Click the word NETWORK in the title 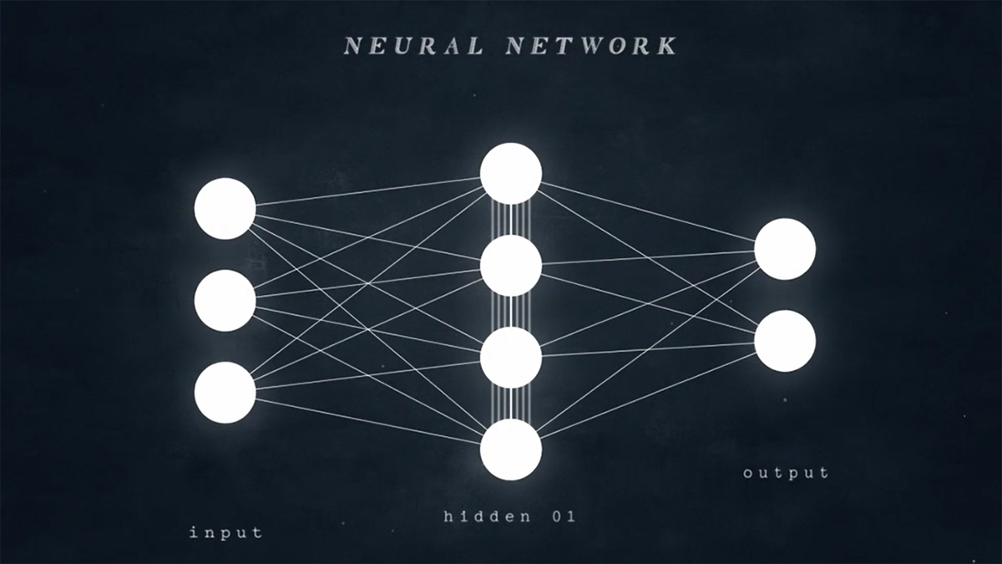(591, 46)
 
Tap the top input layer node (225, 209)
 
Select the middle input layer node (225, 301)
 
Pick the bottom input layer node (225, 393)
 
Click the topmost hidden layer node (511, 174)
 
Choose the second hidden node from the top (511, 266)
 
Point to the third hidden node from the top (511, 358)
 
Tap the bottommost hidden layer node (511, 450)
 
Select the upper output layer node (785, 249)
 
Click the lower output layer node (785, 341)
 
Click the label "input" (226, 533)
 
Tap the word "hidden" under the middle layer (488, 516)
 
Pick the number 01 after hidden (564, 517)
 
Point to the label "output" (786, 474)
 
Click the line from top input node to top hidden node (368, 191)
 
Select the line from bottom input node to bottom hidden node (368, 421)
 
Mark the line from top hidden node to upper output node (648, 211)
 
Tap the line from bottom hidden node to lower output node (647, 393)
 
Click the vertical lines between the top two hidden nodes (511, 220)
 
